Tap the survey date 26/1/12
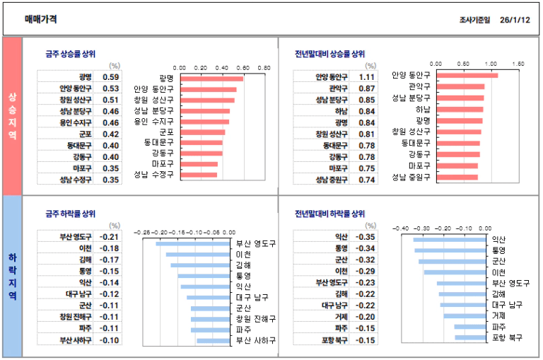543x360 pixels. point(514,20)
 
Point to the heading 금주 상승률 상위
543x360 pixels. point(70,54)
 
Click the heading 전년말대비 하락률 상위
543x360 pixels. point(329,214)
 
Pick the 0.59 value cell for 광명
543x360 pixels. point(110,77)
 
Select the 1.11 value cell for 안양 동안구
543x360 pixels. point(366,77)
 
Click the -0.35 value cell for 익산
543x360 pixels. point(366,237)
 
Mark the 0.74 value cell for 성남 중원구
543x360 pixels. point(366,180)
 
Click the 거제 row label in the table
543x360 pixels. point(341,317)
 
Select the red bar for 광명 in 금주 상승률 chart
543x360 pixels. point(211,79)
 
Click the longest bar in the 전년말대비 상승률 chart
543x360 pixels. point(467,76)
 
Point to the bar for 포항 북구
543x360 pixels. point(469,337)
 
